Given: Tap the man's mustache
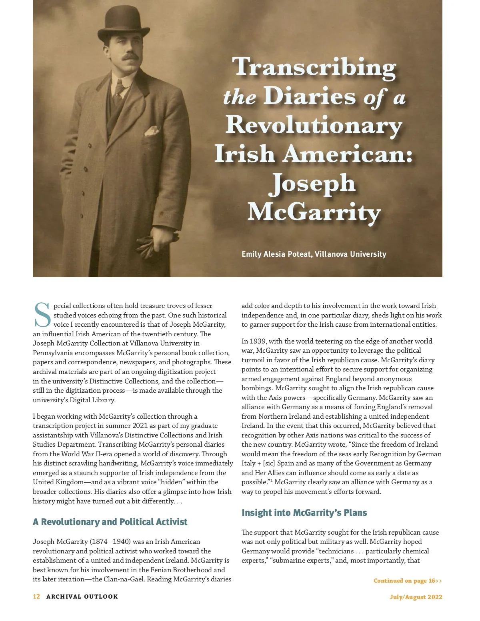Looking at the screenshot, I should pos(130,57).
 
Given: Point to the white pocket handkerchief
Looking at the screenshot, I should pos(152,131).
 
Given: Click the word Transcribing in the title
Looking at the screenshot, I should pos(314,67).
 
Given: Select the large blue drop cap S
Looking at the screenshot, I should pos(42,315).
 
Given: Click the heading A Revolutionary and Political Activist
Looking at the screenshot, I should pos(110,522).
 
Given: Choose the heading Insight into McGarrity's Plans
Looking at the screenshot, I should pos(304,513).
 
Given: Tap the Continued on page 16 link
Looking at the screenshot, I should pos(408,581).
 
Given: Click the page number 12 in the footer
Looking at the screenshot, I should pos(36,597).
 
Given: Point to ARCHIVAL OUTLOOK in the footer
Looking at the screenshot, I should pos(82,597).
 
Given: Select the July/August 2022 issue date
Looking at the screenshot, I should pos(416,597).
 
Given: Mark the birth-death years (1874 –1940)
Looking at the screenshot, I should pos(110,541).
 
